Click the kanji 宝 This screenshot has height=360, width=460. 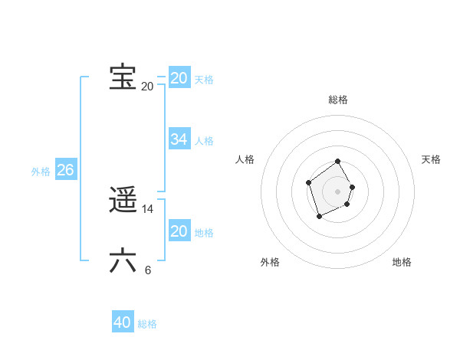pos(123,77)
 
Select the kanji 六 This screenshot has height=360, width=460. pos(123,261)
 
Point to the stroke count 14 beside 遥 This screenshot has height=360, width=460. pos(148,208)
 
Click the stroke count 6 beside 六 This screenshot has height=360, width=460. pos(147,270)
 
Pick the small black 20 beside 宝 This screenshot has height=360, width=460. pos(147,86)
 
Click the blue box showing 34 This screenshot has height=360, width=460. pos(179,139)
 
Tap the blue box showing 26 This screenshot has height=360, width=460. pos(65,170)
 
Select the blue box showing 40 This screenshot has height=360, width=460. pos(123,322)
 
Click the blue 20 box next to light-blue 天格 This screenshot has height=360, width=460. pos(179,78)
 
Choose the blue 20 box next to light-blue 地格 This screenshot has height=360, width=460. pos(179,231)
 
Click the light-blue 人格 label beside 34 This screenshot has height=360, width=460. pos(204,141)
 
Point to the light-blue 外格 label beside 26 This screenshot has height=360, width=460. pos(41,172)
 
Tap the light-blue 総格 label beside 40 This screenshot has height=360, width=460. pos(147,324)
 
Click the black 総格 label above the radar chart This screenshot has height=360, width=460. pos(338,100)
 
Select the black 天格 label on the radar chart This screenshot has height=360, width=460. pos(431,159)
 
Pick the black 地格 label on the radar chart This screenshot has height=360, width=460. pos(402,262)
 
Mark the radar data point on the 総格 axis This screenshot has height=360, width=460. pos(338,162)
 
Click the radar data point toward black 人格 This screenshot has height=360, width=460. pos(308,182)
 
